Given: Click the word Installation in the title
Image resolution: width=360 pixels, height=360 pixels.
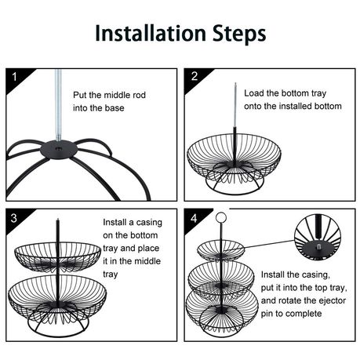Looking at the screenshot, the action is click(x=151, y=33).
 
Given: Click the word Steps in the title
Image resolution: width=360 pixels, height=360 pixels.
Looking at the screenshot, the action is click(x=239, y=34).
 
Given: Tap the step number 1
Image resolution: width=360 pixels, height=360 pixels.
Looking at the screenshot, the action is click(x=14, y=77).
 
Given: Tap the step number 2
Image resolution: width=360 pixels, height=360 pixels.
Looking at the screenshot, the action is click(x=195, y=76).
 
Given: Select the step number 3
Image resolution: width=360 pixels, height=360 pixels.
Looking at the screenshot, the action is click(x=14, y=218).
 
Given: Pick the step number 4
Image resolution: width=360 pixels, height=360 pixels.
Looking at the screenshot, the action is click(x=194, y=218).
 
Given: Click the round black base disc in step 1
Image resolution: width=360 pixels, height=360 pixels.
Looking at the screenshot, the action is click(x=59, y=150).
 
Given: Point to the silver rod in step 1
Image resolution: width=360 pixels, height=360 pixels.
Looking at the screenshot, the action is click(x=58, y=105).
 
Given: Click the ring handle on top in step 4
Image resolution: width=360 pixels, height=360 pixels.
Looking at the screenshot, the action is click(x=220, y=216).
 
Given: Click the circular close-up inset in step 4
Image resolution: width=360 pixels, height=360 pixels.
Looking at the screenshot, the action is click(x=318, y=237).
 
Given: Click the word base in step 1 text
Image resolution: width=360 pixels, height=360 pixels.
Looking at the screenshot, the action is click(x=115, y=108).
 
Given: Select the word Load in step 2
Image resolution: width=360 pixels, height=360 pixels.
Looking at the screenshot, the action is click(x=253, y=93).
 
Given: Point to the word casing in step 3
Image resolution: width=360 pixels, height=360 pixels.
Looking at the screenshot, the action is click(x=149, y=223).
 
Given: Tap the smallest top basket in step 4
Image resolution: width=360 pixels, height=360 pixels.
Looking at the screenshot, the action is click(x=221, y=250).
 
